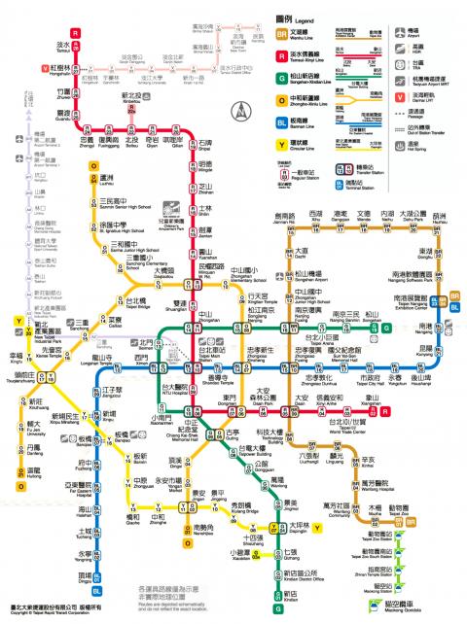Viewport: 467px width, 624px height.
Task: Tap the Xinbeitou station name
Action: tap(131, 97)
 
